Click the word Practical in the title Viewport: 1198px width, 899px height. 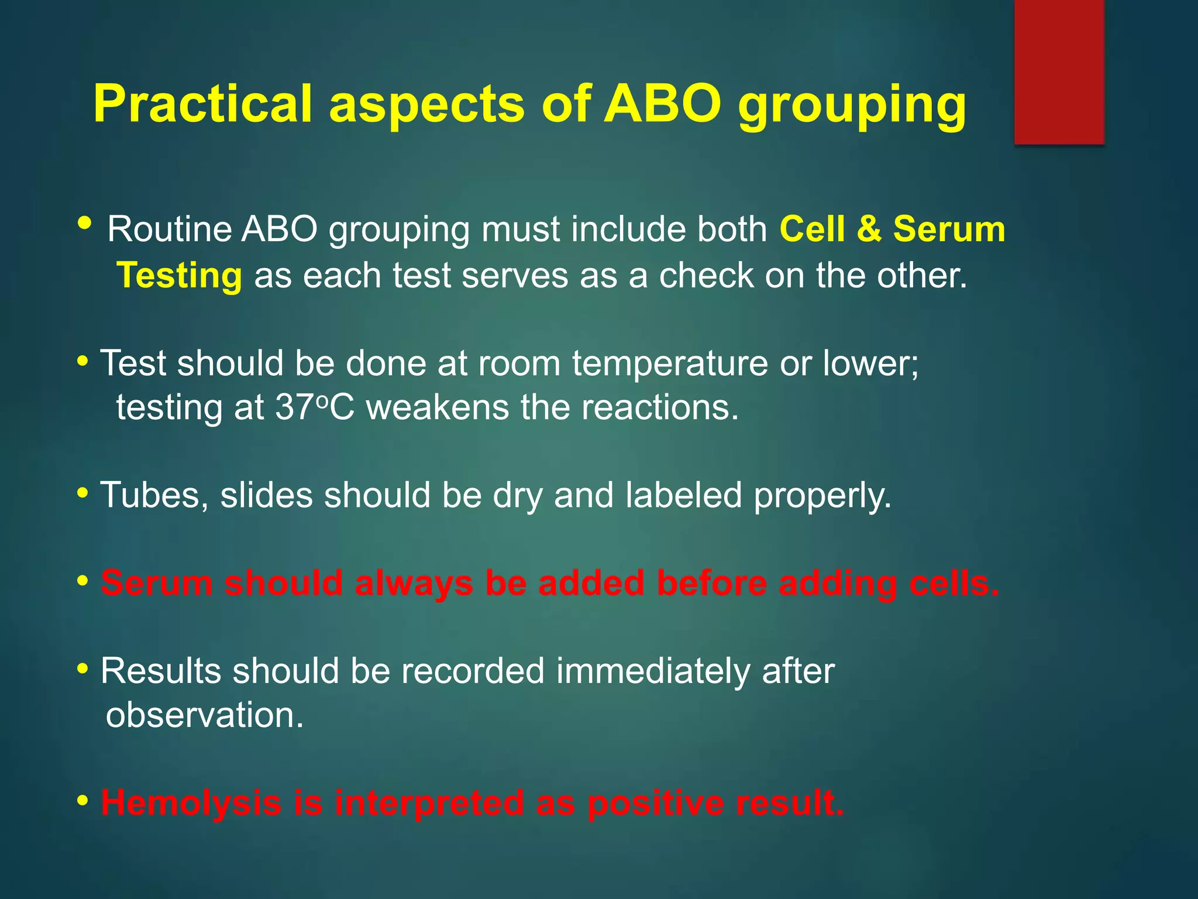(x=202, y=104)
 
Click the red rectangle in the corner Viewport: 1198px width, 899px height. (x=1059, y=71)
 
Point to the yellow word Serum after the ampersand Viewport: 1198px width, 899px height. (x=949, y=229)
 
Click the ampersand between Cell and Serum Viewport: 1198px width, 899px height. (x=869, y=229)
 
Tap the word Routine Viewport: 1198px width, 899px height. (x=170, y=229)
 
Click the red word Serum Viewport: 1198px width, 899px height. (x=157, y=583)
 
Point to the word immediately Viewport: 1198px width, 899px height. (x=653, y=671)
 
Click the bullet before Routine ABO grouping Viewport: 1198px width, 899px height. (x=84, y=223)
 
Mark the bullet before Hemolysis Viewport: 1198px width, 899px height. (x=83, y=800)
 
